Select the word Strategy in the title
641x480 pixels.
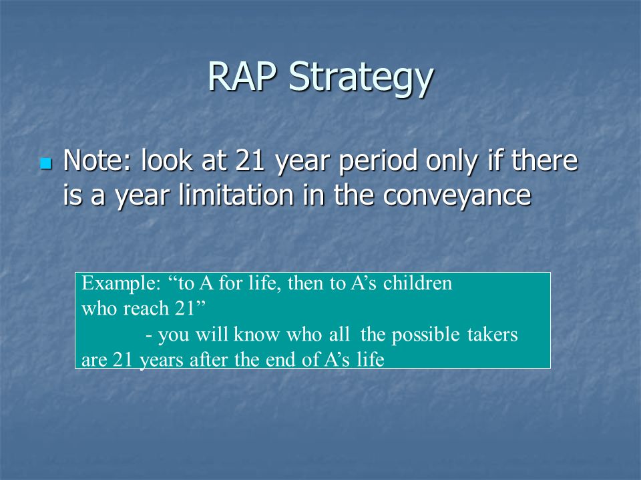point(361,79)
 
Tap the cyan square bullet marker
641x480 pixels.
point(46,163)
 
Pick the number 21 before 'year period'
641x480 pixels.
point(250,160)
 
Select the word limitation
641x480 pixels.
point(236,195)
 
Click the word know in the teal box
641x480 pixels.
point(256,334)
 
